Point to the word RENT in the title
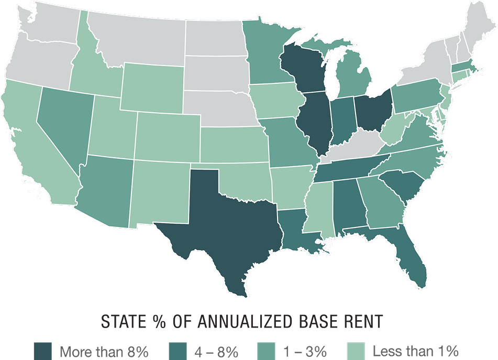[x=377, y=321]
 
